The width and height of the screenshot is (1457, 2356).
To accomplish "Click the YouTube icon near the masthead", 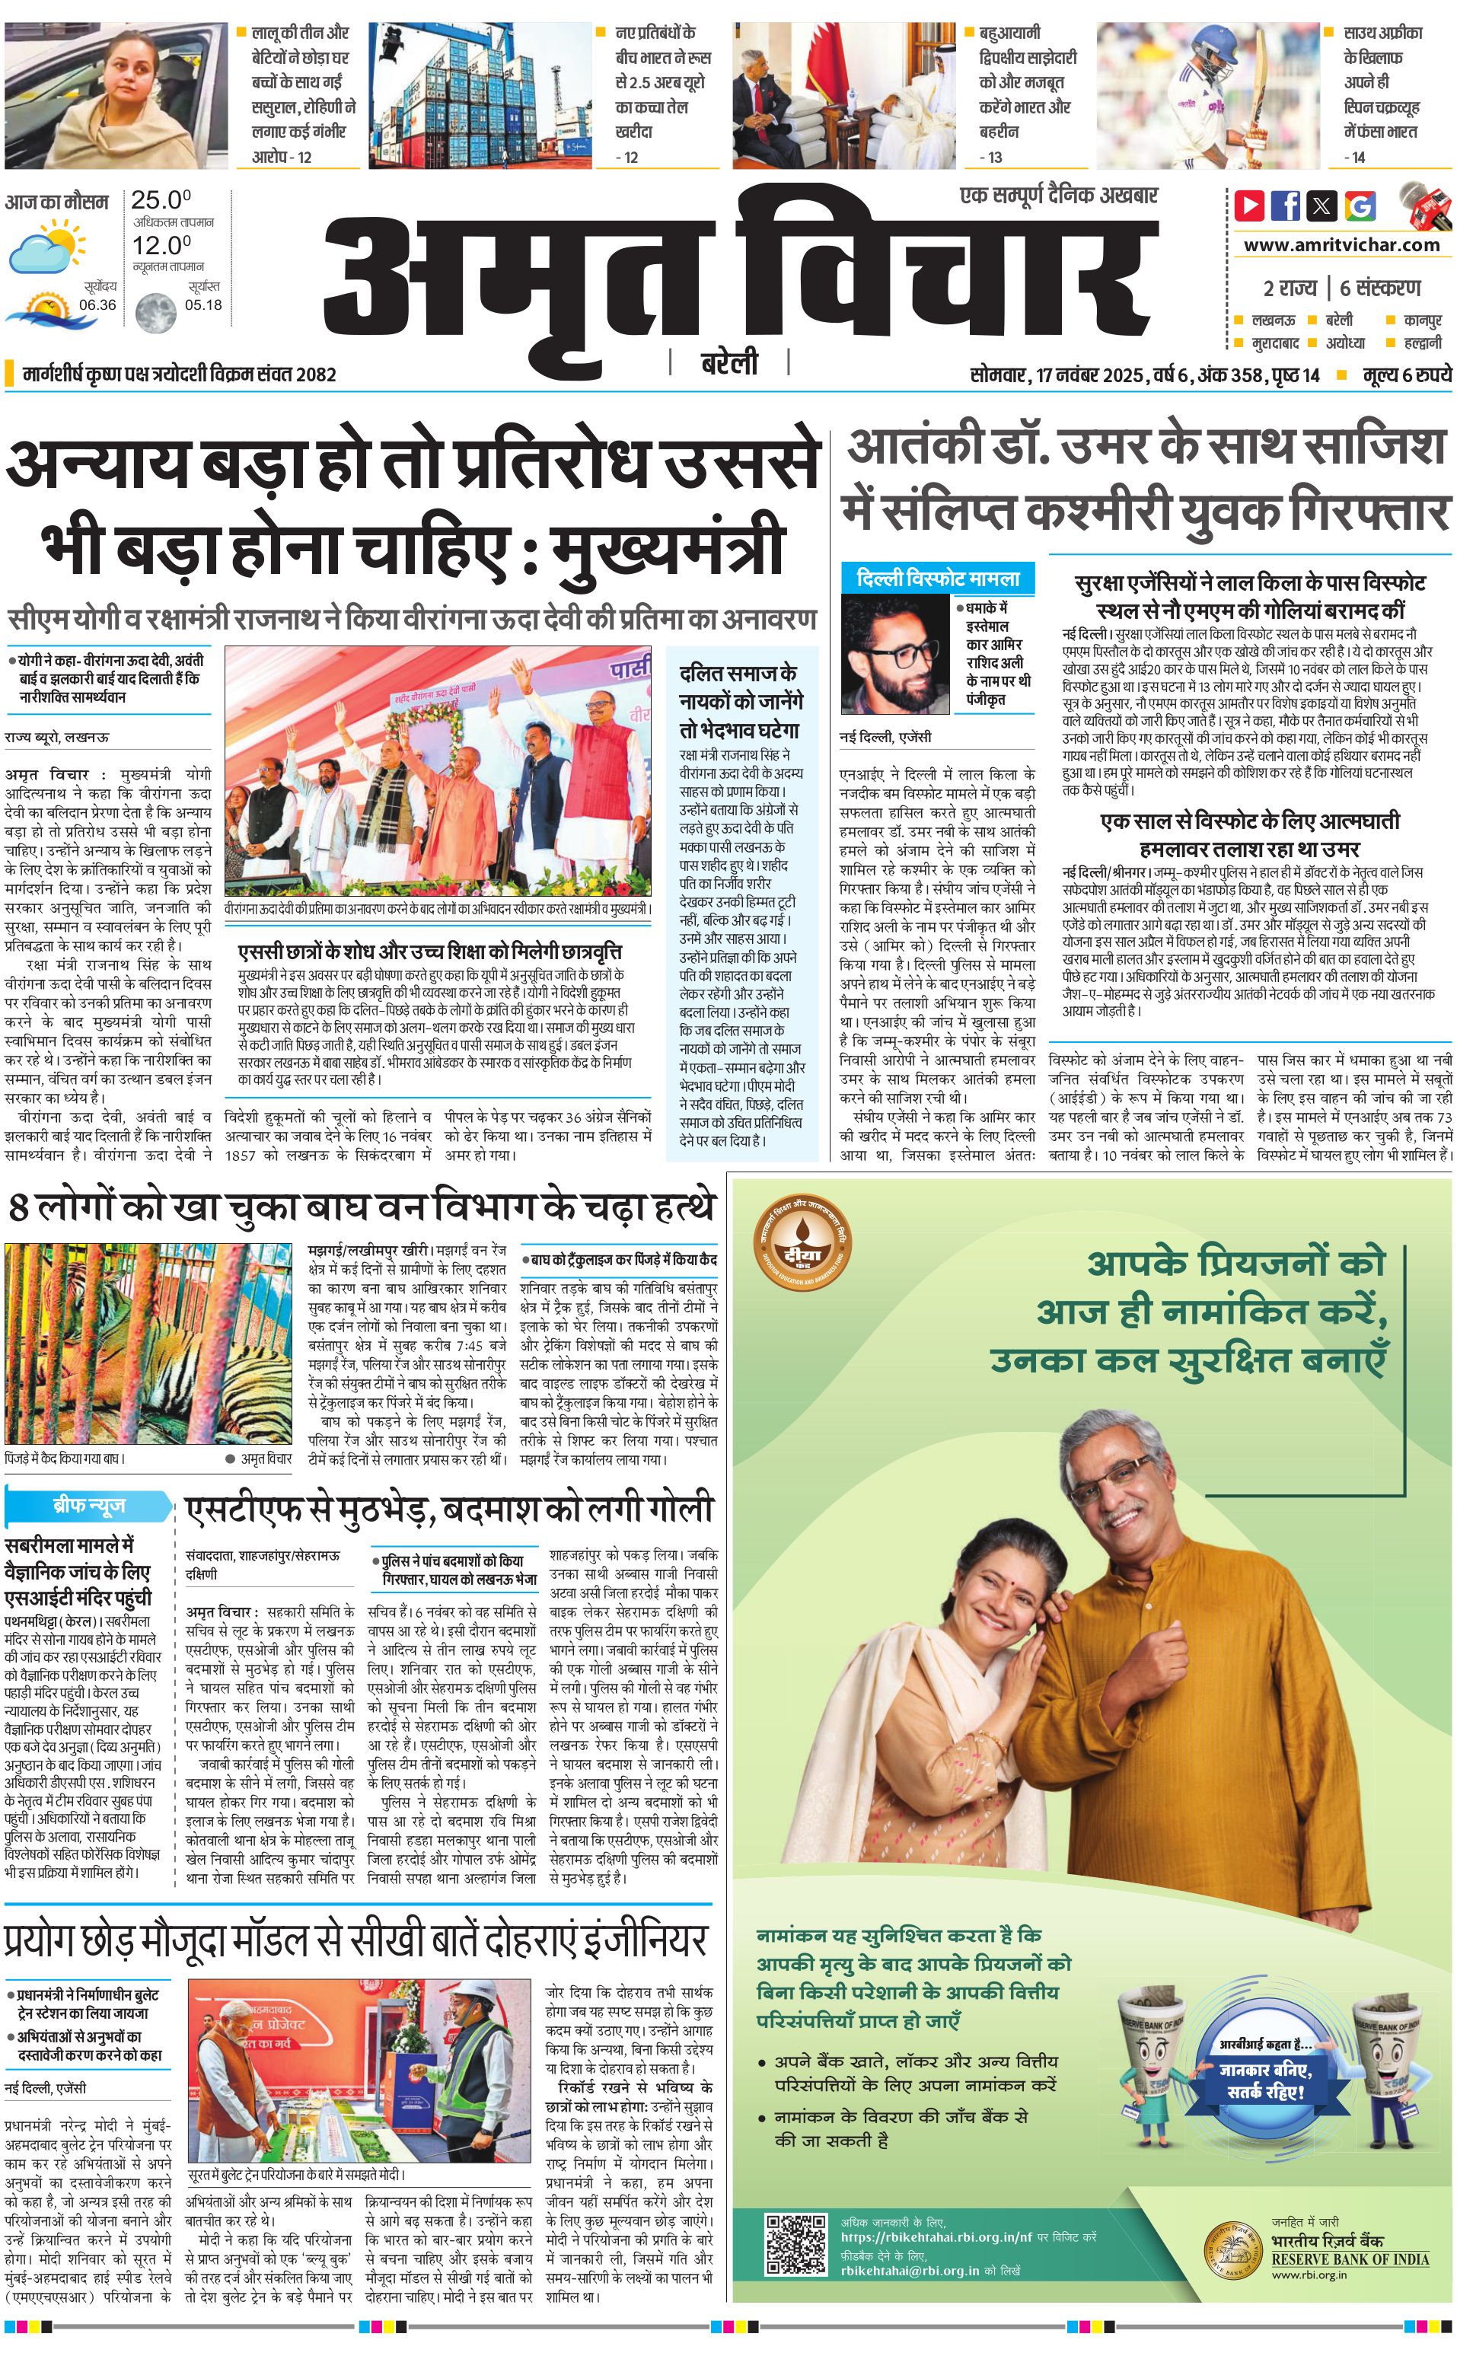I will [x=1250, y=206].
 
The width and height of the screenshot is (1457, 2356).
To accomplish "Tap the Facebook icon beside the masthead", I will [x=1286, y=206].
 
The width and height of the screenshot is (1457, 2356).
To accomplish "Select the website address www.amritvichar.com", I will [x=1341, y=245].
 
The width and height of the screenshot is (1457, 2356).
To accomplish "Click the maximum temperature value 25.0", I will [x=161, y=200].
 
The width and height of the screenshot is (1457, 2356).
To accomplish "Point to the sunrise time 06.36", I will [x=97, y=304].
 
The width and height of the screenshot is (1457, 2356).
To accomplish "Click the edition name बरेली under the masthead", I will [x=728, y=363].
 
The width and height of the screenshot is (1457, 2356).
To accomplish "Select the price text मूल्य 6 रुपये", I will [x=1406, y=375].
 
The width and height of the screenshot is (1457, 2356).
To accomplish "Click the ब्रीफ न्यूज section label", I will [x=88, y=1505].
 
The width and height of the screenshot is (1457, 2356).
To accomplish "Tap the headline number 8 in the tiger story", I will [x=18, y=1207].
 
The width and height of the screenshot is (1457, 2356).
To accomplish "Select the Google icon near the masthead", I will [x=1360, y=206].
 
